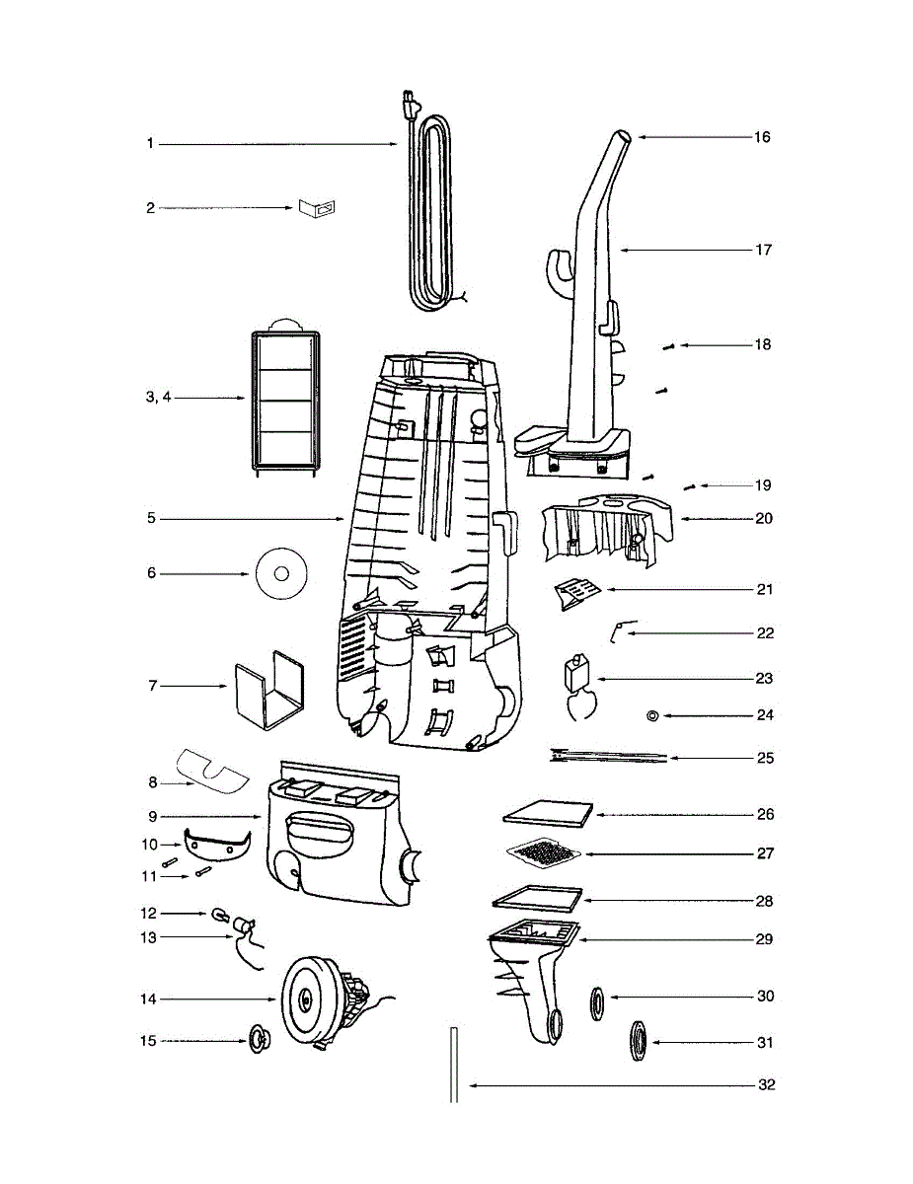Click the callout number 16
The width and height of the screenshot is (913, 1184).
coord(762,137)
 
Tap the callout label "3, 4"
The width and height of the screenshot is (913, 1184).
coord(158,398)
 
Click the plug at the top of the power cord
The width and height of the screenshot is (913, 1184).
coord(409,105)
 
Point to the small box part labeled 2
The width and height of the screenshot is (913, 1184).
coord(317,207)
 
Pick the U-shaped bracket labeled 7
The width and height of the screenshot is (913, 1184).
coord(269,690)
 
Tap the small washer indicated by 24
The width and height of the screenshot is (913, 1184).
coord(651,715)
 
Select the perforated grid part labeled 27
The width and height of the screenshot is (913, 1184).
coord(544,853)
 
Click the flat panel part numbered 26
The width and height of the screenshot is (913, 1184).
coord(548,815)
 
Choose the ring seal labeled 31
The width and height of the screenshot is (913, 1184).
coord(639,1041)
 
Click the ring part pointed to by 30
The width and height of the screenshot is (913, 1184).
coord(597,1003)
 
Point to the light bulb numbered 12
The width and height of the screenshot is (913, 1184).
coord(218,914)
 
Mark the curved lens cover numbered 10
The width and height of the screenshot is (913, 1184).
coord(217,845)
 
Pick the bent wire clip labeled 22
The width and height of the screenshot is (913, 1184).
coord(620,630)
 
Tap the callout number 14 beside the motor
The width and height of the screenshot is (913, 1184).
coord(148,999)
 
